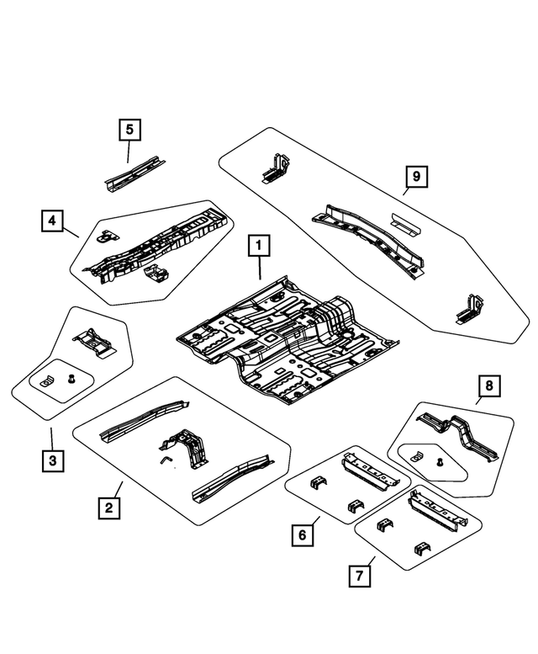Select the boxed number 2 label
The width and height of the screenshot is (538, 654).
coord(107,508)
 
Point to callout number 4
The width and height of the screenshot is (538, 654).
coord(52,221)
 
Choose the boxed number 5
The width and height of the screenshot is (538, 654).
coord(129,130)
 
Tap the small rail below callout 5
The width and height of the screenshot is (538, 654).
coord(131,174)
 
